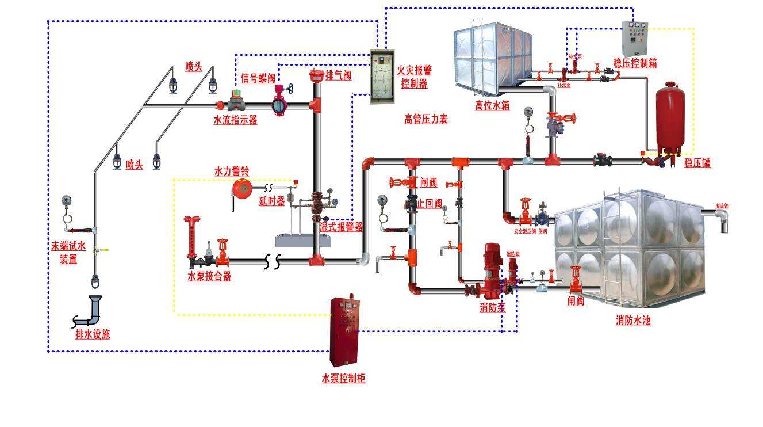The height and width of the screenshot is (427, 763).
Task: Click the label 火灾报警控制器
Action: click(x=414, y=77)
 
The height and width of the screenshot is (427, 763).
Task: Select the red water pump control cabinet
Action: click(x=344, y=330)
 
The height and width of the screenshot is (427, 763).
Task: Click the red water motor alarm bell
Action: click(x=242, y=188)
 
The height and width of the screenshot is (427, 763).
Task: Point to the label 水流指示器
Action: click(x=235, y=120)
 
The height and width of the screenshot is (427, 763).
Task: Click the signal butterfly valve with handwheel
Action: click(x=281, y=101)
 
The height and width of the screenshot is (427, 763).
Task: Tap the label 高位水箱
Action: click(x=492, y=106)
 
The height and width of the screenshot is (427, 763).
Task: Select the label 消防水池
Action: click(x=632, y=321)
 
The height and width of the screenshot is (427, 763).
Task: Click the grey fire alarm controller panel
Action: click(x=382, y=76)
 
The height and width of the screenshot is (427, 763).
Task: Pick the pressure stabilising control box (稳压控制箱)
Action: click(x=635, y=39)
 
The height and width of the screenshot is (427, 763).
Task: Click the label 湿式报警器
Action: click(x=341, y=227)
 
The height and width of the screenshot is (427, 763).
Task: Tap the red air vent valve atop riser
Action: click(x=315, y=76)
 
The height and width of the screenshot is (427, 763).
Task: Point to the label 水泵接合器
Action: click(x=209, y=276)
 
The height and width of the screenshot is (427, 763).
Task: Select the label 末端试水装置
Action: click(x=68, y=253)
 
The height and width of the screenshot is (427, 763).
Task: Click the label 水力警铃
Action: click(x=232, y=171)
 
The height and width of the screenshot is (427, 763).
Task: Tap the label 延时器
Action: click(x=272, y=201)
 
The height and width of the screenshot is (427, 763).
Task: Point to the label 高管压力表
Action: click(x=425, y=119)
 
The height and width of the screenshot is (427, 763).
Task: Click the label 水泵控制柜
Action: click(x=343, y=378)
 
